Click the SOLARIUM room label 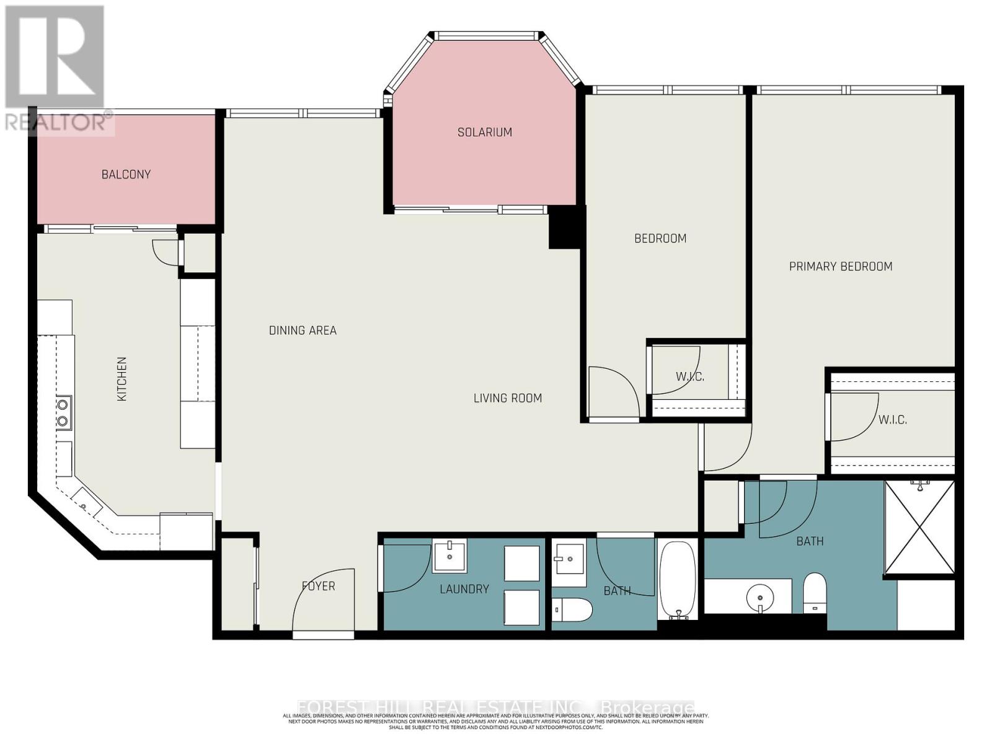click(484, 132)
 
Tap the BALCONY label click(126, 174)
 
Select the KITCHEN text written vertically click(122, 379)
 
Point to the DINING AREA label click(303, 330)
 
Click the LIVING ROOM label click(507, 398)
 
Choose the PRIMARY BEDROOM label click(840, 267)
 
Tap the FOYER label click(318, 586)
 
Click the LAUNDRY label click(464, 589)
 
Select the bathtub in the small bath click(678, 579)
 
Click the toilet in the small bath click(572, 609)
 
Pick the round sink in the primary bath click(759, 598)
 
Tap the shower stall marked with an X click(919, 528)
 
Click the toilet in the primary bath click(814, 592)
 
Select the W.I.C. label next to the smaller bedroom click(689, 376)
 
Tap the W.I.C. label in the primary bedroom click(892, 420)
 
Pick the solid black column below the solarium click(564, 228)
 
